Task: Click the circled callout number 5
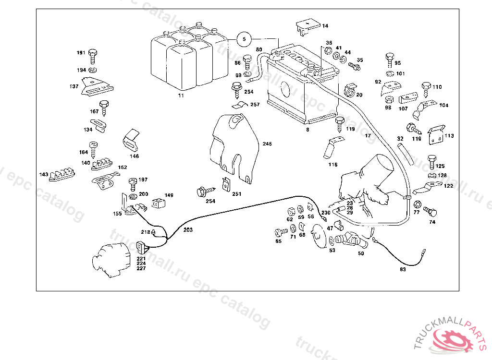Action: (244, 39)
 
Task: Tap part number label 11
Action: (181, 96)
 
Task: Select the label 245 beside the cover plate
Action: (267, 144)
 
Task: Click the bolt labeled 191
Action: (93, 56)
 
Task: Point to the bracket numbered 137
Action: (98, 86)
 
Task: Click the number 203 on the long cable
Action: (188, 230)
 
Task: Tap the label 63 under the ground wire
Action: (403, 269)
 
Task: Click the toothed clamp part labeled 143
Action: (61, 174)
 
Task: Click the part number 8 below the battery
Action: (307, 129)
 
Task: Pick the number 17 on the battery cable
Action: (368, 136)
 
